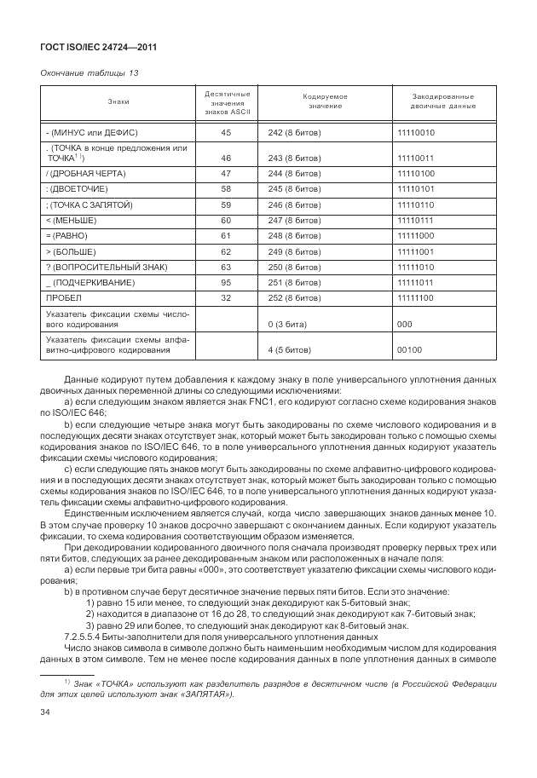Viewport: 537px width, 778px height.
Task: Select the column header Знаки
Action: [118, 101]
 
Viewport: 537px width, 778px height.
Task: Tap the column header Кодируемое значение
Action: [326, 101]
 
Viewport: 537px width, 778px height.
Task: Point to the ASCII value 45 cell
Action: [226, 133]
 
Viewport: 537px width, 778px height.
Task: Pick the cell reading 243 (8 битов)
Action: [294, 158]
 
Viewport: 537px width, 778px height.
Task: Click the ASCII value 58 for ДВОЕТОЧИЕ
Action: [226, 188]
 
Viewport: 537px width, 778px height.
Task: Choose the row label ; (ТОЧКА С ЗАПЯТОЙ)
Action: [85, 205]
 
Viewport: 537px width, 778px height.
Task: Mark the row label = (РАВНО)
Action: [68, 235]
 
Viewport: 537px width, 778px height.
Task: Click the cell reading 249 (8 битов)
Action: [294, 251]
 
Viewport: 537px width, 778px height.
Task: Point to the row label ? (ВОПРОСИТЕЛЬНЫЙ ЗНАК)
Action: [99, 267]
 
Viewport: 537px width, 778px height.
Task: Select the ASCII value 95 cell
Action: [226, 282]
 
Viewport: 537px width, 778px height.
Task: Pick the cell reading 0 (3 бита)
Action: [287, 325]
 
